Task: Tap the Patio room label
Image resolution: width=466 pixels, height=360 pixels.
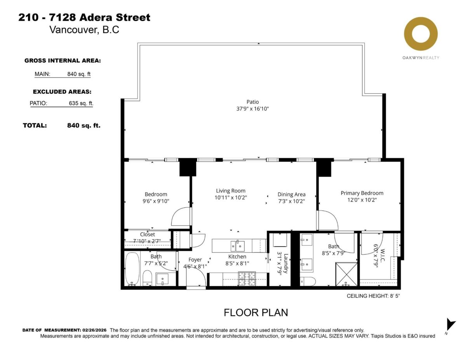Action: tap(252, 102)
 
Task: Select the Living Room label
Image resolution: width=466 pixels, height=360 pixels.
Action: tap(231, 191)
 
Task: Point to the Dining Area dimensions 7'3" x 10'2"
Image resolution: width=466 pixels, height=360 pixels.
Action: tap(291, 201)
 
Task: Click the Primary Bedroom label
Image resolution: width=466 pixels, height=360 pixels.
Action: tap(362, 193)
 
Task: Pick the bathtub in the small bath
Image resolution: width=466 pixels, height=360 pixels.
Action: tap(132, 269)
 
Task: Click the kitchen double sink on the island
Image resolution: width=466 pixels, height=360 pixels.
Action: tap(237, 246)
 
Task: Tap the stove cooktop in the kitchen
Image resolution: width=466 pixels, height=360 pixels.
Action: tap(247, 279)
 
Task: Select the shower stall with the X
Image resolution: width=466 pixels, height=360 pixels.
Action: tap(346, 274)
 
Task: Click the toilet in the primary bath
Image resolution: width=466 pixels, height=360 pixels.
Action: tap(308, 281)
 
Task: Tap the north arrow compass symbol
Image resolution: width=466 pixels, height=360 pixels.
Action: tap(450, 325)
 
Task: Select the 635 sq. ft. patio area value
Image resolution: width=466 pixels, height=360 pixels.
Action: tap(81, 103)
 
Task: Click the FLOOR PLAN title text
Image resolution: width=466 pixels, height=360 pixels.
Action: tap(256, 313)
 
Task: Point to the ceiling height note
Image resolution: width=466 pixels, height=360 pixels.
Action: tap(373, 296)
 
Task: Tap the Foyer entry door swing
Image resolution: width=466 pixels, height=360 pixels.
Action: tap(196, 277)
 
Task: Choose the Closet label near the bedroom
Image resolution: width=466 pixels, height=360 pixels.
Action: tap(147, 234)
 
